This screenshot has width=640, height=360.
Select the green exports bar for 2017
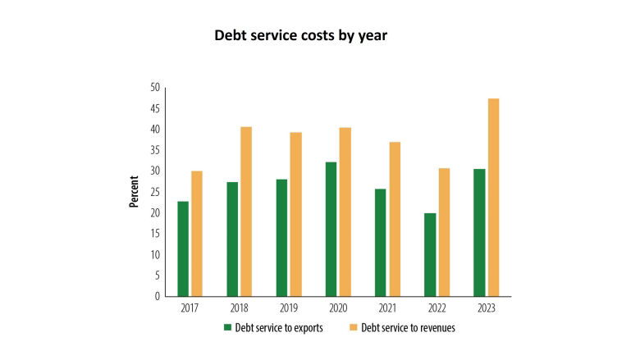click(x=183, y=248)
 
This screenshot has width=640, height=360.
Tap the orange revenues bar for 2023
click(x=493, y=197)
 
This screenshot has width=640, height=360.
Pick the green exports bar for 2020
click(x=331, y=229)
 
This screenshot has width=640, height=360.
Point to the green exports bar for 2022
click(x=430, y=254)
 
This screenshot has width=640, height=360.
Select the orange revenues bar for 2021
click(x=395, y=219)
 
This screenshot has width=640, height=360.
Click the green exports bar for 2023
click(x=479, y=232)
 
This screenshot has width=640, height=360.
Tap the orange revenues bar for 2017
click(x=197, y=233)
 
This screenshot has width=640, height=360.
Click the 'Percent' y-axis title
click(x=134, y=192)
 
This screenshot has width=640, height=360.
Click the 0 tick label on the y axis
click(x=157, y=296)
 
